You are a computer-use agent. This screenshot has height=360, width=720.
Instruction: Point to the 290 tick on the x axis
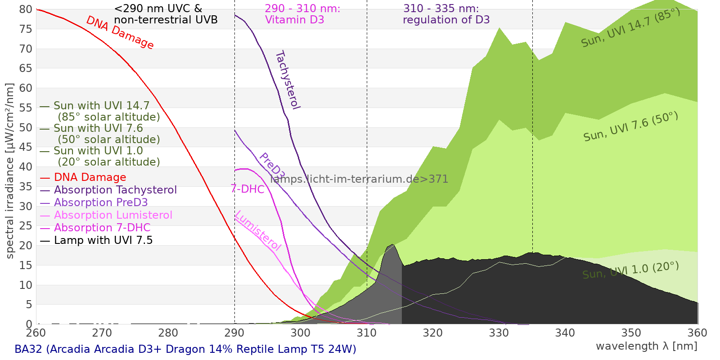(234, 333)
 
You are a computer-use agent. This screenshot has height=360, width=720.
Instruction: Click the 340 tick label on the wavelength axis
(565, 333)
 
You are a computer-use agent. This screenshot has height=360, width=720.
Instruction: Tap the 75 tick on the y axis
(26, 29)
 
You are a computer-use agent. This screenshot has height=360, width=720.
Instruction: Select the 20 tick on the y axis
(26, 246)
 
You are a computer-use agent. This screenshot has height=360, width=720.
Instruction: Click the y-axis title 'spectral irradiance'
(10, 171)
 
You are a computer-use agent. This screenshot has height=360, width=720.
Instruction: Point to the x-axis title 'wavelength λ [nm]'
(646, 346)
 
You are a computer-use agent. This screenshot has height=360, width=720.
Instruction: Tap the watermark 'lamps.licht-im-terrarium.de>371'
(359, 179)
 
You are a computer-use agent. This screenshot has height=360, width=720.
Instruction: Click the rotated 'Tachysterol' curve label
(287, 80)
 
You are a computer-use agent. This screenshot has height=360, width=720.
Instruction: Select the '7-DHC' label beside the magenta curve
(247, 189)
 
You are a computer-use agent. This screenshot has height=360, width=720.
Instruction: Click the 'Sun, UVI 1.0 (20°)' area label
(630, 270)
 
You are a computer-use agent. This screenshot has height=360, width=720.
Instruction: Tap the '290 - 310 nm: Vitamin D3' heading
(302, 14)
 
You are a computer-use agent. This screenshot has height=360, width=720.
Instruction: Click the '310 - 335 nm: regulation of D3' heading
(445, 14)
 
